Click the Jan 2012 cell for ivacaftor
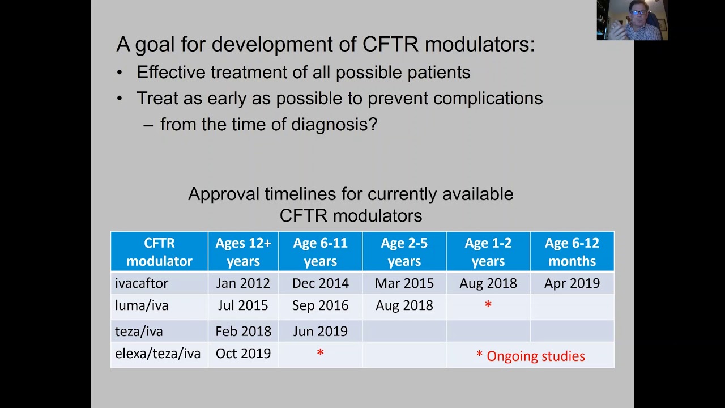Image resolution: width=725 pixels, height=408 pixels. coord(243,283)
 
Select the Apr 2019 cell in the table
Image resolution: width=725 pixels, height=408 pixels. coord(572,283)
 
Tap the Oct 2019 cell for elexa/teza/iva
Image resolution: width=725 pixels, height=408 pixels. coord(243,354)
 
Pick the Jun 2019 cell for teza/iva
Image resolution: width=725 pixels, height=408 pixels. coord(320,331)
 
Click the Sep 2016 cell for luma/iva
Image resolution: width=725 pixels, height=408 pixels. coord(320,305)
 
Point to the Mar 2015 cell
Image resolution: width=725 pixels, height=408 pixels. coord(404,283)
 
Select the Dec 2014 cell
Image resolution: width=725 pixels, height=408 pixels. coord(320,283)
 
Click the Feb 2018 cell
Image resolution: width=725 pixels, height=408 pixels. coord(243,331)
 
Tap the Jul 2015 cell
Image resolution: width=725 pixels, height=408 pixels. coord(243,305)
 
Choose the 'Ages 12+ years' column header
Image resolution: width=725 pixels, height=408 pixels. coord(243,252)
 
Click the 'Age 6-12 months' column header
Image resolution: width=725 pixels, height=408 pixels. coord(572,252)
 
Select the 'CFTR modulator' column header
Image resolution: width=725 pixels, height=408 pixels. coord(159,252)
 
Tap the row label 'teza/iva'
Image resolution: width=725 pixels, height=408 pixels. coord(139,331)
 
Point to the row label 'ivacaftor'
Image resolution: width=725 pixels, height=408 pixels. coord(142,283)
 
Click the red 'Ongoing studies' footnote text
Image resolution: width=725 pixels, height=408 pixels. coord(535,356)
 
